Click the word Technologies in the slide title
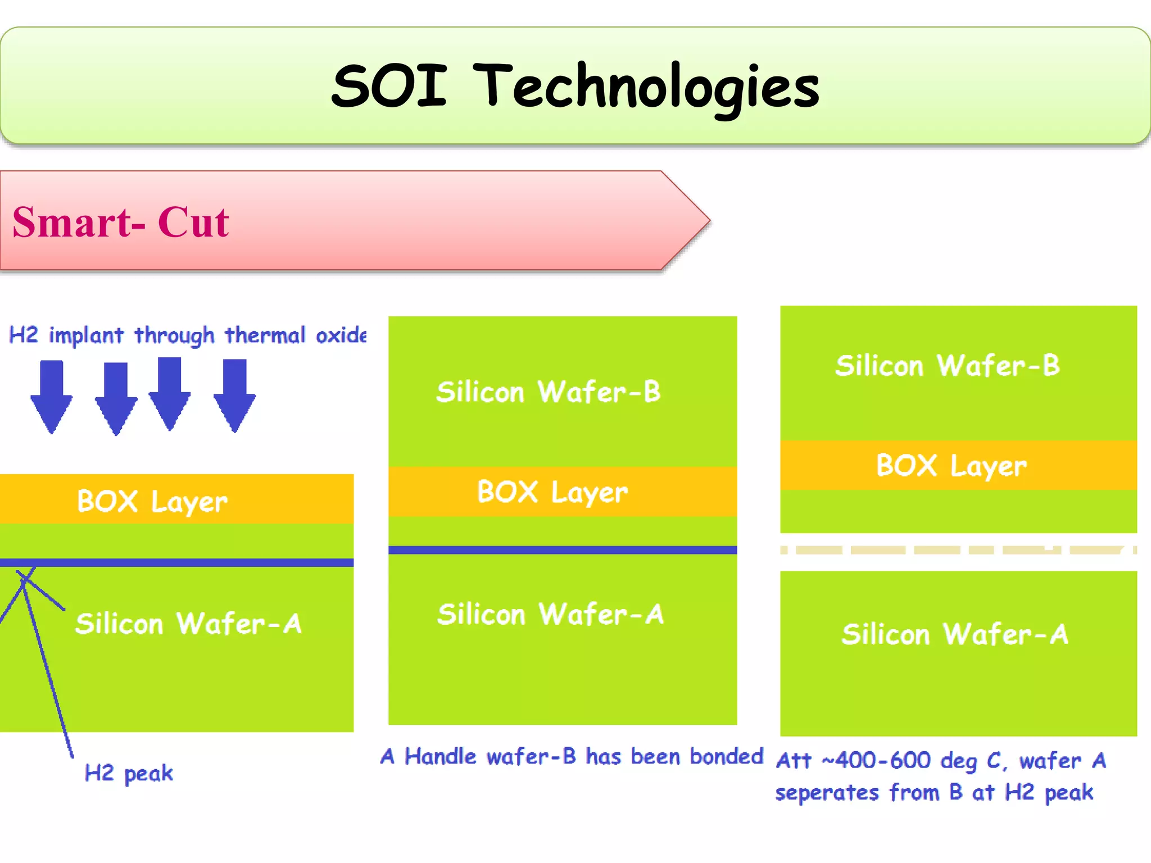pyautogui.click(x=646, y=86)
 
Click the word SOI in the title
pyautogui.click(x=389, y=86)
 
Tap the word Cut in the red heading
pyautogui.click(x=193, y=222)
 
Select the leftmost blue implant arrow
pyautogui.click(x=52, y=396)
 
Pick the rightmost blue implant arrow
pyautogui.click(x=234, y=395)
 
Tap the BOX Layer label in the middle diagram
pyautogui.click(x=552, y=492)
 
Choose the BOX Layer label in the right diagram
pyautogui.click(x=951, y=466)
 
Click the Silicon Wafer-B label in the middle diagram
pyautogui.click(x=549, y=392)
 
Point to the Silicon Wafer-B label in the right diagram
pyautogui.click(x=948, y=366)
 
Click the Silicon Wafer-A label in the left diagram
pyautogui.click(x=189, y=624)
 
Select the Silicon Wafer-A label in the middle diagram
pyautogui.click(x=551, y=614)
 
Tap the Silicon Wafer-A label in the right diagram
pyautogui.click(x=955, y=634)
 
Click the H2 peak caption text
pyautogui.click(x=129, y=774)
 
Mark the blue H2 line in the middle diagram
pyautogui.click(x=562, y=550)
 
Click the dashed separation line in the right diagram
pyautogui.click(x=958, y=550)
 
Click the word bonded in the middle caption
pyautogui.click(x=726, y=757)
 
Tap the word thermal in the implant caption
pyautogui.click(x=265, y=335)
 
